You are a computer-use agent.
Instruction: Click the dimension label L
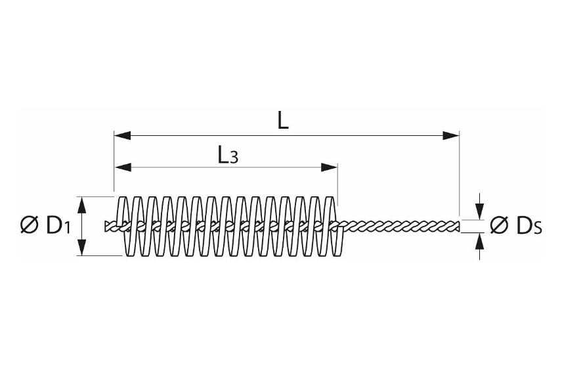click(x=283, y=121)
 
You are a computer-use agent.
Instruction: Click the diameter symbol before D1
click(x=29, y=225)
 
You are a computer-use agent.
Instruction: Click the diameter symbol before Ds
click(x=500, y=225)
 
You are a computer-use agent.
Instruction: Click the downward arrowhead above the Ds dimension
click(x=481, y=211)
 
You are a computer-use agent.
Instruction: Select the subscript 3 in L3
click(x=233, y=158)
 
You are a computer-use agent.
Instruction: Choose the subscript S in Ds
click(x=537, y=229)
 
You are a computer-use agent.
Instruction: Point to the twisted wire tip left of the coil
click(x=108, y=226)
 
